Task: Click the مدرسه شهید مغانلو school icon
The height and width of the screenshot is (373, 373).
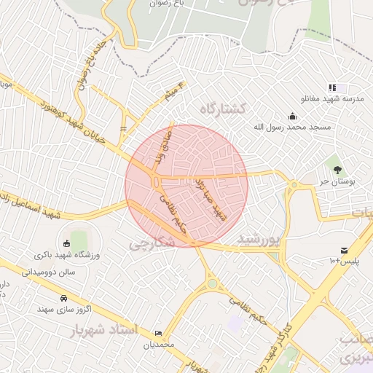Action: [332, 87]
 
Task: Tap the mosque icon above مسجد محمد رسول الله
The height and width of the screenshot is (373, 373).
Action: [292, 115]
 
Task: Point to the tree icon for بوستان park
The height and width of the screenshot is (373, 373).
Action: [337, 169]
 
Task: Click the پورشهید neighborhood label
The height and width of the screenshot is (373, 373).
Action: [258, 238]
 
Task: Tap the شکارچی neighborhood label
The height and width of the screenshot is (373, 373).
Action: [152, 243]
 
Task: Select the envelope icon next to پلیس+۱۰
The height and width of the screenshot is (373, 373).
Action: [344, 250]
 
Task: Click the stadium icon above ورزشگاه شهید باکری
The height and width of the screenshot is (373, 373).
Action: [67, 243]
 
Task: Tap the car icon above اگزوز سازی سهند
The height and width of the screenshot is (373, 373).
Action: [65, 298]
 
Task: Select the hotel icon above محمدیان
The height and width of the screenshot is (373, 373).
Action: [159, 333]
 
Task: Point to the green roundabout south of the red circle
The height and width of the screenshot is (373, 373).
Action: [211, 283]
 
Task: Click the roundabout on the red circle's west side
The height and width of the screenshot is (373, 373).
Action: [156, 181]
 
